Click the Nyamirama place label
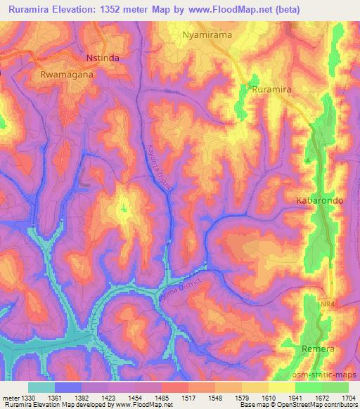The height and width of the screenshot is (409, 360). [207, 33]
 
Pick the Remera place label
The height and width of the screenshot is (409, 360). [316, 349]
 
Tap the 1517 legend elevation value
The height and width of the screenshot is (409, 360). [188, 398]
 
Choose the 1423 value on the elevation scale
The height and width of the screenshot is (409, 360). [110, 398]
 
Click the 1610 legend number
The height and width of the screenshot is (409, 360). [267, 398]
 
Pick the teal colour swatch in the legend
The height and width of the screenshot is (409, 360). [41, 387]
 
